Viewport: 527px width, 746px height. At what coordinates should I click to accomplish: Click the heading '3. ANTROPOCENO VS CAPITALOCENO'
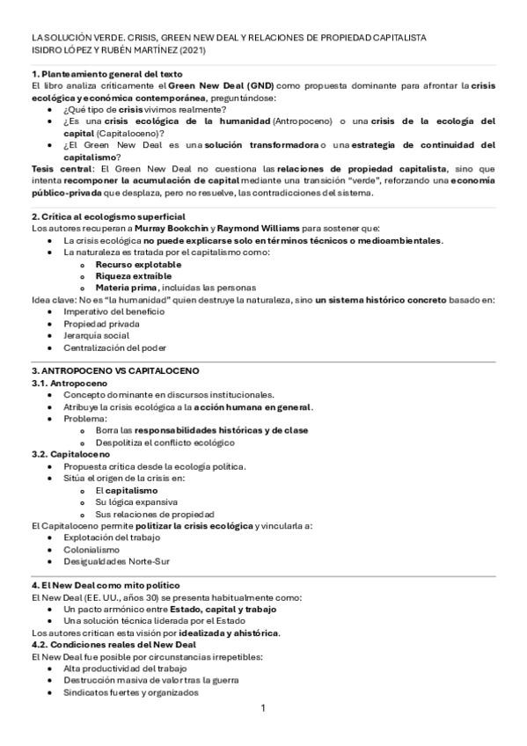coord(114,371)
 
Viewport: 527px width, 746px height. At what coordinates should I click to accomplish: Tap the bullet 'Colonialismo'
coord(91,549)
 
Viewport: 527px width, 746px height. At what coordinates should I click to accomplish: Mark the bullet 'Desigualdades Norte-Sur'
coord(117,561)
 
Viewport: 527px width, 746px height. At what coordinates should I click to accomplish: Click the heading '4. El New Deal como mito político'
coord(105,585)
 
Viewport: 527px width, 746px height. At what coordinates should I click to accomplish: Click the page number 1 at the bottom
coord(263,708)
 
